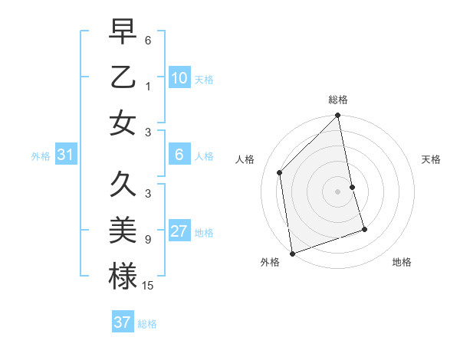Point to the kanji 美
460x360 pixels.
click(123, 230)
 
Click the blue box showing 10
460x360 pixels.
click(179, 77)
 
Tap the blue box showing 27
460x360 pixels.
click(179, 231)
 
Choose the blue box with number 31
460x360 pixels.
click(66, 155)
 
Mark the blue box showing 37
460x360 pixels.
click(123, 322)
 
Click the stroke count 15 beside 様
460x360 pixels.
click(149, 286)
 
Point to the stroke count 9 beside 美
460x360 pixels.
click(148, 240)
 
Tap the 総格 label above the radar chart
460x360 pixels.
click(338, 100)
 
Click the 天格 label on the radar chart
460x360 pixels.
click(431, 159)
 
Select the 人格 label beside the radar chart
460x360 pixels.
click(245, 159)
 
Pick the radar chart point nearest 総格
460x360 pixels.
click(337, 116)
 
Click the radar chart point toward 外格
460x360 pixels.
click(292, 253)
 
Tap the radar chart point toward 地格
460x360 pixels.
click(364, 229)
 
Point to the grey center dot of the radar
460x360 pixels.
click(337, 191)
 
